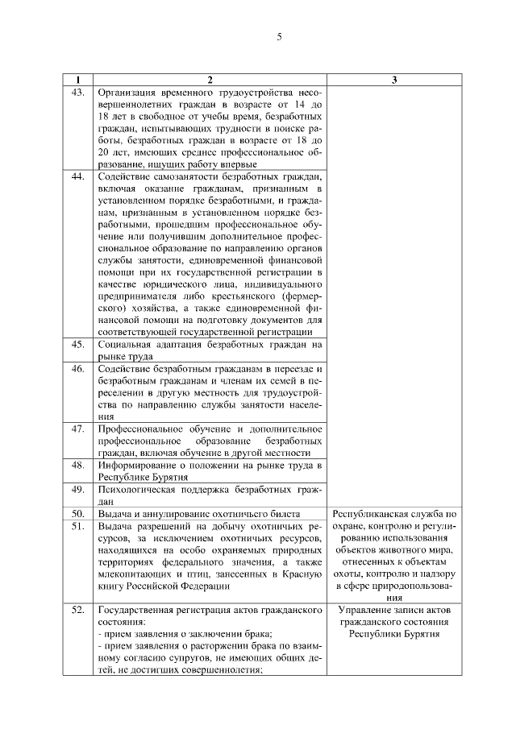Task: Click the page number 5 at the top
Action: pyautogui.click(x=278, y=37)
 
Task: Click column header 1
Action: pyautogui.click(x=78, y=81)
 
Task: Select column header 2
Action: pyautogui.click(x=210, y=81)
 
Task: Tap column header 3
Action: pyautogui.click(x=393, y=81)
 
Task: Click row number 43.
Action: pyautogui.click(x=78, y=93)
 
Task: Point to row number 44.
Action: pyautogui.click(x=78, y=176)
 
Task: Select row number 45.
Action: pyautogui.click(x=78, y=344)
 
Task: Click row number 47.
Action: pyautogui.click(x=78, y=429)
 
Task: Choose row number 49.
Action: pyautogui.click(x=78, y=489)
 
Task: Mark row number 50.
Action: pyautogui.click(x=78, y=513)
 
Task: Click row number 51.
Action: pyautogui.click(x=78, y=526)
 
